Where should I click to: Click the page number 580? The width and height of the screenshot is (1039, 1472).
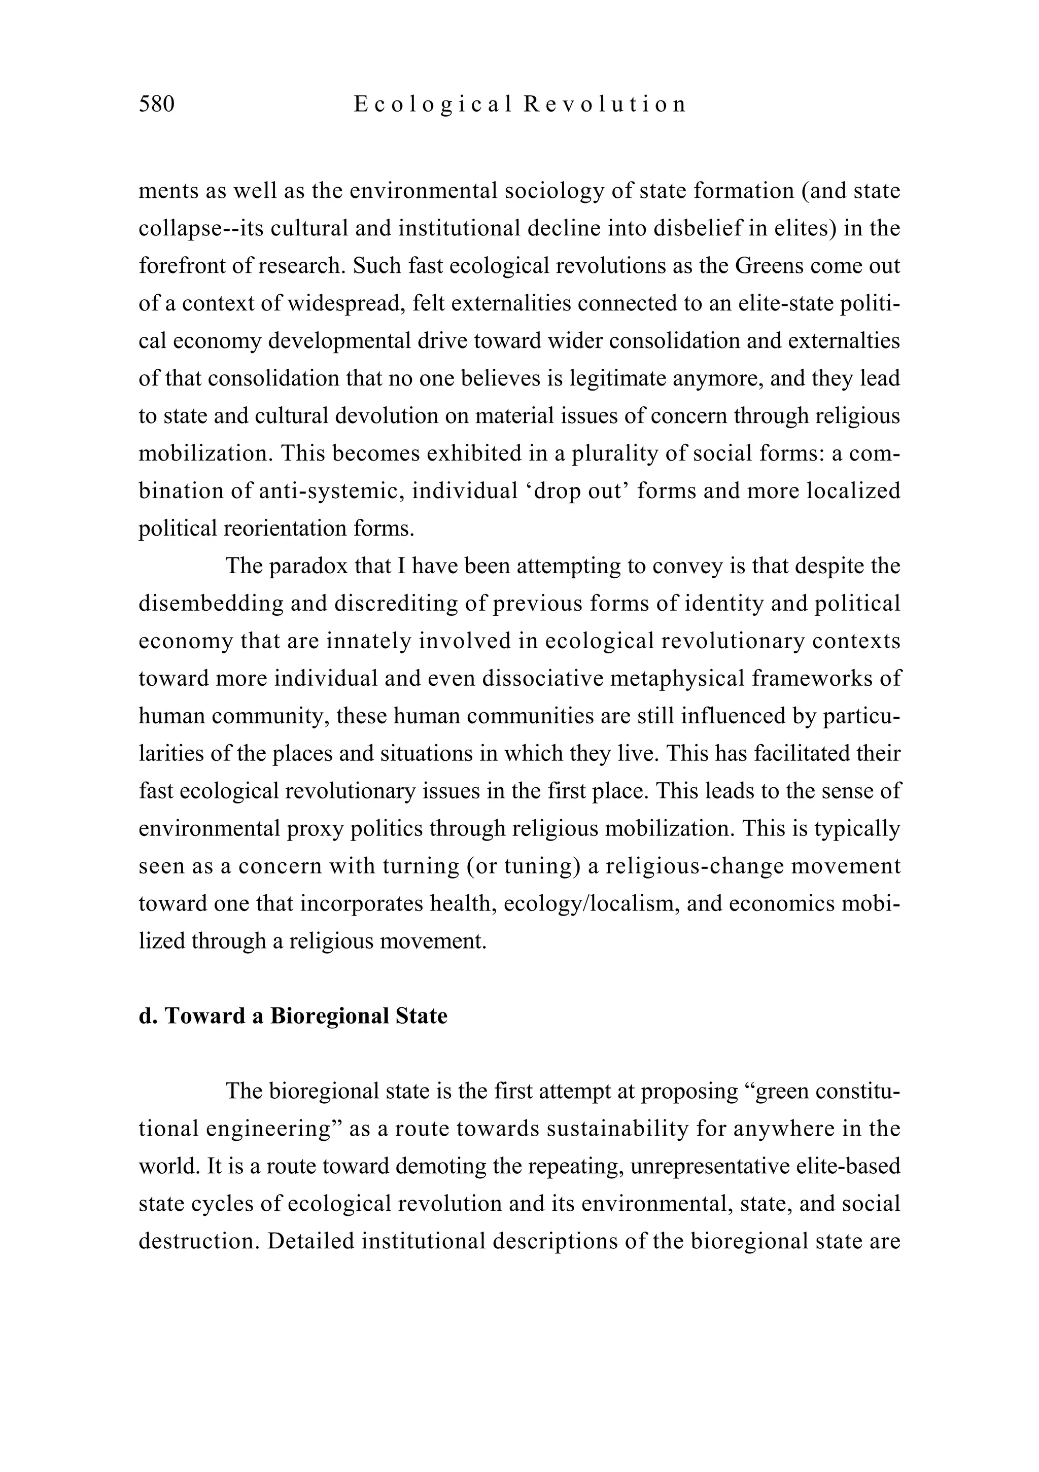tap(156, 104)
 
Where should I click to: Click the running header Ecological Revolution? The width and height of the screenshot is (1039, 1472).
tap(519, 104)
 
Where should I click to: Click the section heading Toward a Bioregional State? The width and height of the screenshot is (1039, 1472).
tap(293, 1016)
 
